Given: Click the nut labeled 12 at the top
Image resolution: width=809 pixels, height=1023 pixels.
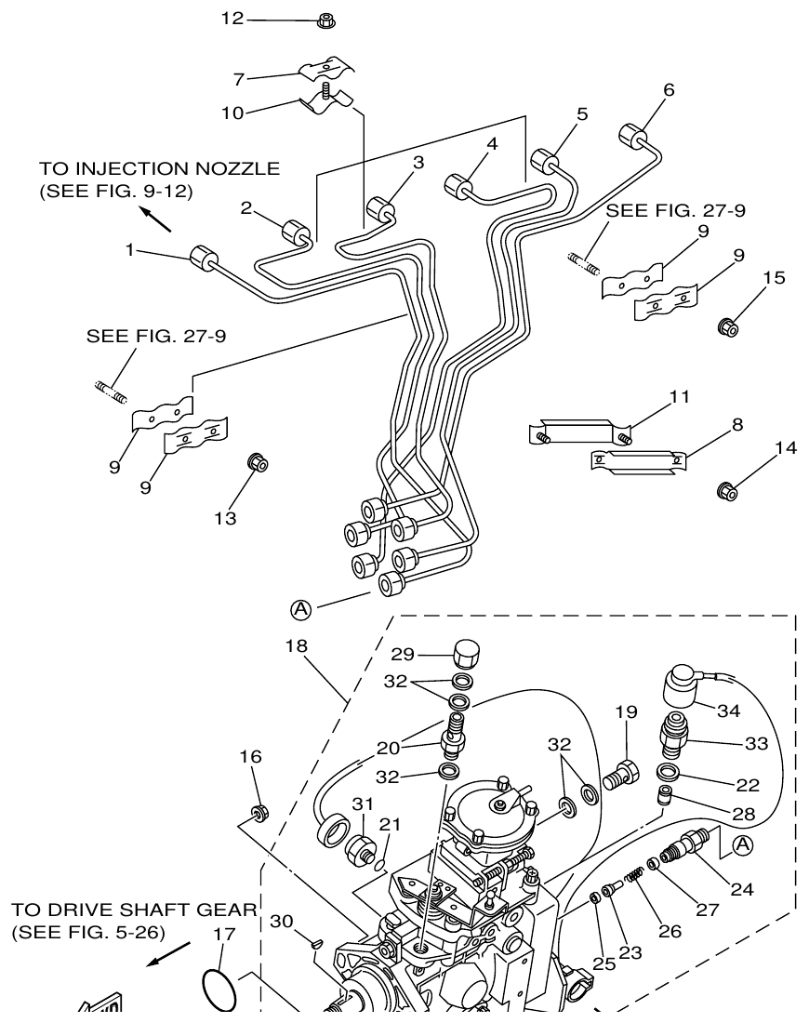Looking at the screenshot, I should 325,20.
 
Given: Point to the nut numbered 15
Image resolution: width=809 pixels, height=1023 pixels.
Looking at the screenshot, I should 729,326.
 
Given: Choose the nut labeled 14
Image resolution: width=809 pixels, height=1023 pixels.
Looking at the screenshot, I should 727,490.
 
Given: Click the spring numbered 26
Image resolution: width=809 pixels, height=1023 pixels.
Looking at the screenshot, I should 633,876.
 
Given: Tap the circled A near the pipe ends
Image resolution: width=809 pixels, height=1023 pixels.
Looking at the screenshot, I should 300,609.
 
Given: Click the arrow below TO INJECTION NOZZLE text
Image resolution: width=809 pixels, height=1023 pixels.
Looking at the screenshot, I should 157,219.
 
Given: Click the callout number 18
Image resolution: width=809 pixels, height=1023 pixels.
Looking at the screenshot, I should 297,644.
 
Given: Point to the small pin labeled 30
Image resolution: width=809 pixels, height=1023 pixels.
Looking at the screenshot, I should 315,943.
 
